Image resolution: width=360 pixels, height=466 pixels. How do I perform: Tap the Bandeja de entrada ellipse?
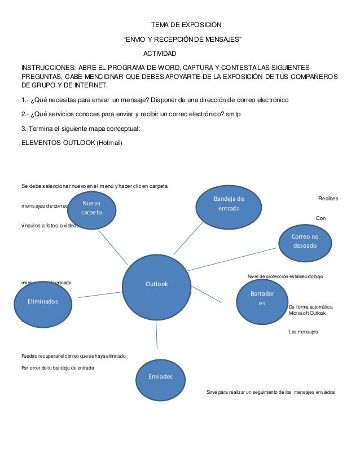[229, 204]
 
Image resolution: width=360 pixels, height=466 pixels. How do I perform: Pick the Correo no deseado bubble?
[305, 241]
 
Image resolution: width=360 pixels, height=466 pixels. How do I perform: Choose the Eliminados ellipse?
[43, 302]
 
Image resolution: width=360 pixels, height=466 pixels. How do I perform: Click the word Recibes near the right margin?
[328, 199]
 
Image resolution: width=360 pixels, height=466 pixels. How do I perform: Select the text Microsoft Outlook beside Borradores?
[307, 313]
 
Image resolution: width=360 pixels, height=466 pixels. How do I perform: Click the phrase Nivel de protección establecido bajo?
[285, 276]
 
